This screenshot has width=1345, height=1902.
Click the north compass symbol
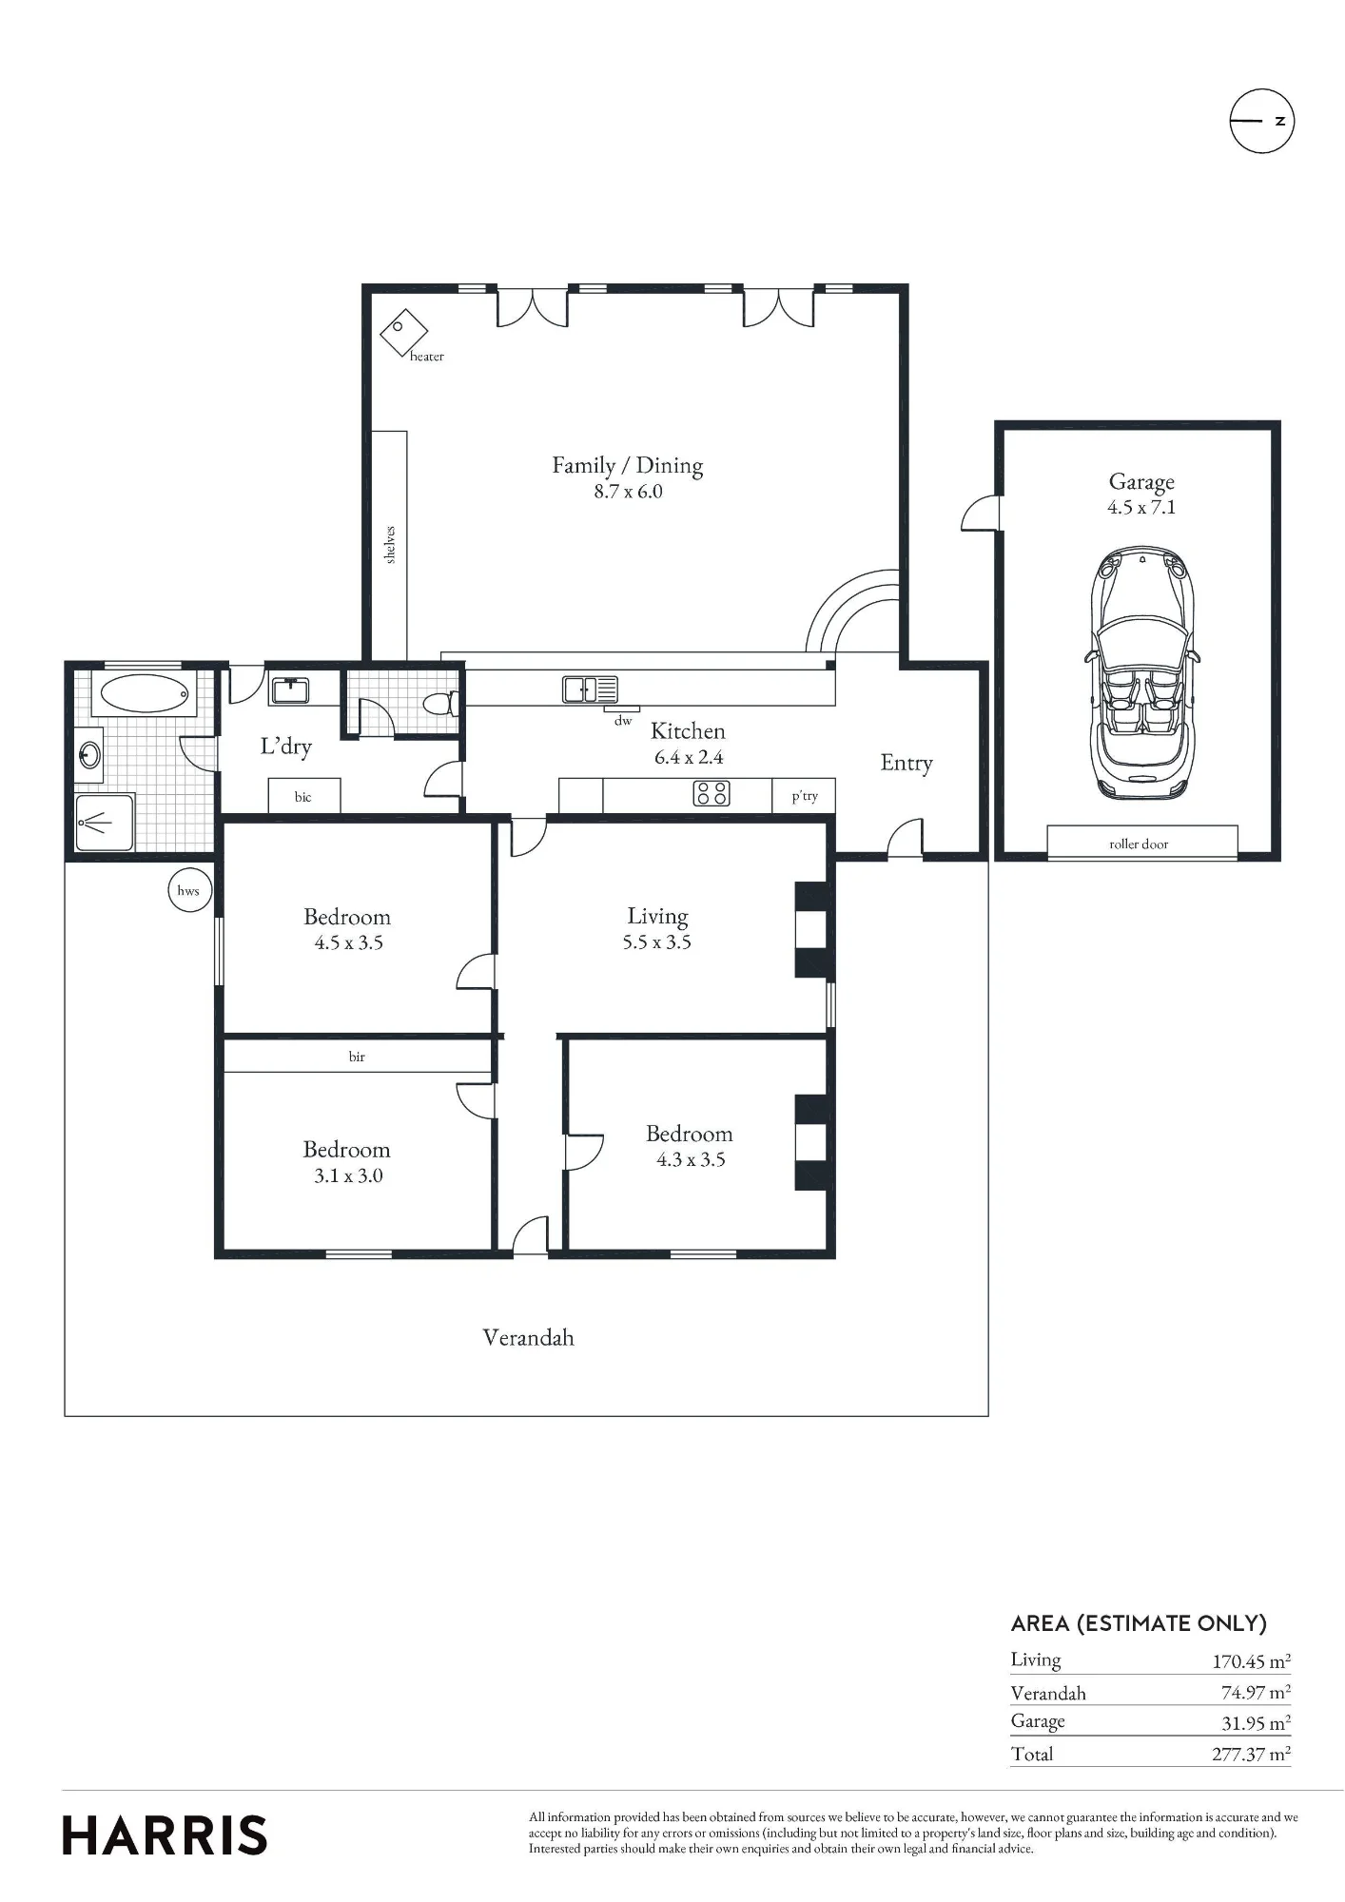[x=1262, y=121]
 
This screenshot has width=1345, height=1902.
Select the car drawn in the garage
[x=1140, y=673]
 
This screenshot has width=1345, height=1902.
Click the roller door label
[x=1139, y=844]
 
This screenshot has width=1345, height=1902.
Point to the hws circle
[x=188, y=890]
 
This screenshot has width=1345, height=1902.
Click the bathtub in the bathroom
[x=144, y=693]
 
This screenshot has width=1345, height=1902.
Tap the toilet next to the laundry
[x=442, y=704]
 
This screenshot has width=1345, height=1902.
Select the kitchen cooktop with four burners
[x=711, y=793]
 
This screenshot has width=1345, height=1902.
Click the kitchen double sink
[x=590, y=689]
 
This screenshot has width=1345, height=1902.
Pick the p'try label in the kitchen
[x=805, y=796]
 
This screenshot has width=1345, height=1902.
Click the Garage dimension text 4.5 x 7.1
[x=1141, y=507]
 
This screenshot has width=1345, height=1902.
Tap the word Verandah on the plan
[x=528, y=1337]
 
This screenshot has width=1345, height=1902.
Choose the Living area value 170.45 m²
[x=1251, y=1661]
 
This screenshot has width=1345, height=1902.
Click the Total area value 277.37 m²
[x=1251, y=1754]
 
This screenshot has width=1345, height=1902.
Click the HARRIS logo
[x=165, y=1835]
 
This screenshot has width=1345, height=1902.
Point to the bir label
[x=357, y=1057]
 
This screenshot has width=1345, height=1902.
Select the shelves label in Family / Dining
[x=390, y=545]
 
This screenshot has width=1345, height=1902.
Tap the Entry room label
[x=906, y=763]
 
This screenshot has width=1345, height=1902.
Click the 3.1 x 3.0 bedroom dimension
[x=348, y=1175]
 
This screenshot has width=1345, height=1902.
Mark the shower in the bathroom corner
[x=106, y=823]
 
